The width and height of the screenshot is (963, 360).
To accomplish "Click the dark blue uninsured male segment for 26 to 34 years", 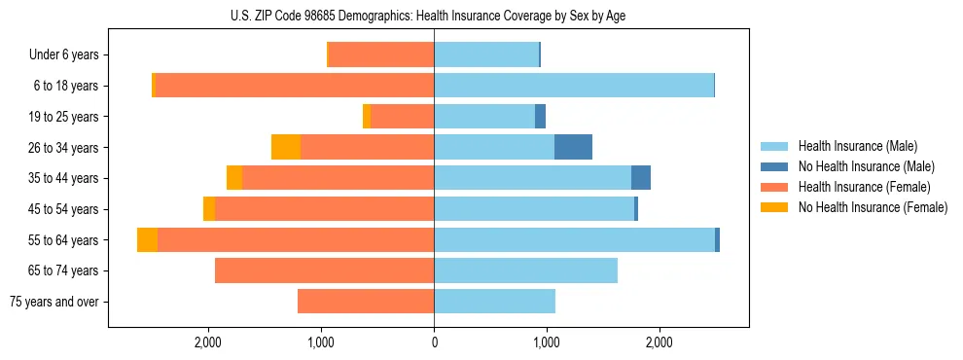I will coord(573,147).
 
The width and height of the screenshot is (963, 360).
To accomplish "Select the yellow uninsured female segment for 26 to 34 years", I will coord(286,147).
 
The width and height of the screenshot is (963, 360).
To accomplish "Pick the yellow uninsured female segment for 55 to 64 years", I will coord(147,239).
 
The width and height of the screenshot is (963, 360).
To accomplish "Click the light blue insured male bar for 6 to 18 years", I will coord(574,86).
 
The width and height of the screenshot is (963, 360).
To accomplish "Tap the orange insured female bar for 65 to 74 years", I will coord(324,270).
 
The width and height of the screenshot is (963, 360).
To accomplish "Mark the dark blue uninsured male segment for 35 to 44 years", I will coord(641,178).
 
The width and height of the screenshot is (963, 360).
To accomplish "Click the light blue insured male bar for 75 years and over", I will coord(494,302).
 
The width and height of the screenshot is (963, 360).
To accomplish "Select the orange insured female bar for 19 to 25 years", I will coord(402,117).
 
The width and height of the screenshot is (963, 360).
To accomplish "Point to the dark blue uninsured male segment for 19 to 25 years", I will coord(540,117).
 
